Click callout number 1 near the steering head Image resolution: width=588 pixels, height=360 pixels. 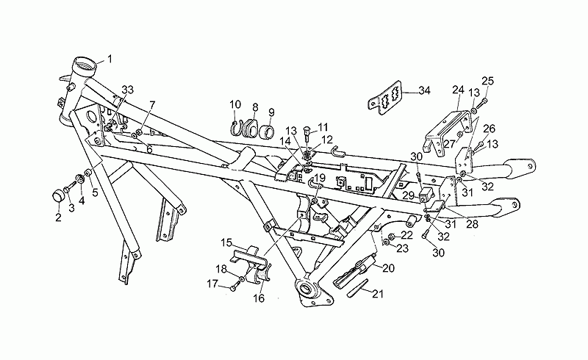110,59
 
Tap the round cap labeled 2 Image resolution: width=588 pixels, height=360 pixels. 58,196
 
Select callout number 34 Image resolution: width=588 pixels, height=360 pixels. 425,91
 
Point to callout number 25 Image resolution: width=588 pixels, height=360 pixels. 488,81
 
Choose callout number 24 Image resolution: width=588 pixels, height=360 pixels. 458,90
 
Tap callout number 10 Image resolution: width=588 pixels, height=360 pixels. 235,104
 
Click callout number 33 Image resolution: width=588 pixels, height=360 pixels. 127,90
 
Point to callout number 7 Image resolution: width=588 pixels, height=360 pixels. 152,104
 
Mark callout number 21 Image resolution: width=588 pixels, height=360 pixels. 378,294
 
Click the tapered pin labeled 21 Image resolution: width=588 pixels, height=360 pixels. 358,289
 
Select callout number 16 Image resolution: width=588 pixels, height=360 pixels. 259,298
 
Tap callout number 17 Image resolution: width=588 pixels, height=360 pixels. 212,284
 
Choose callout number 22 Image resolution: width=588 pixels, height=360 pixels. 407,235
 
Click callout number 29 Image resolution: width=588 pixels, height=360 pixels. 409,195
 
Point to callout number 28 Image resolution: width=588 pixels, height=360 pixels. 472,224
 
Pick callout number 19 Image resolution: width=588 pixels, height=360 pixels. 320,177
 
